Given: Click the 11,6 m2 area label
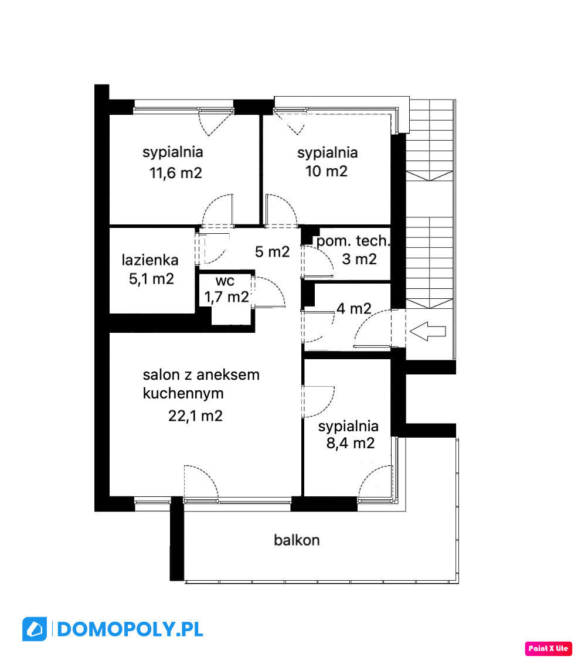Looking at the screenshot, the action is pyautogui.click(x=176, y=173).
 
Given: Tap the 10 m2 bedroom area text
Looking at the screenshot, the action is pyautogui.click(x=327, y=171).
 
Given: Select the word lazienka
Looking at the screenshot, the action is pyautogui.click(x=150, y=260).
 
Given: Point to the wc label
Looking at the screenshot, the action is pyautogui.click(x=225, y=281).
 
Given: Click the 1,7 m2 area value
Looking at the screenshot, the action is pyautogui.click(x=226, y=297).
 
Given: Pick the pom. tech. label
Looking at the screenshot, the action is pyautogui.click(x=353, y=241).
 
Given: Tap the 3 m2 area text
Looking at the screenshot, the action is pyautogui.click(x=359, y=259).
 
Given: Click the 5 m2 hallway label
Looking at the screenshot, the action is pyautogui.click(x=273, y=251).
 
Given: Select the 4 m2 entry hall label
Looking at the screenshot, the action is pyautogui.click(x=353, y=309).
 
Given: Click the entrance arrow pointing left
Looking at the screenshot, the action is pyautogui.click(x=427, y=331).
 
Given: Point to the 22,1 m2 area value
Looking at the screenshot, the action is pyautogui.click(x=195, y=416).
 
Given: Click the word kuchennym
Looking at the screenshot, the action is pyautogui.click(x=183, y=393).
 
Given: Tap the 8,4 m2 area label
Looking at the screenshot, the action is pyautogui.click(x=351, y=444).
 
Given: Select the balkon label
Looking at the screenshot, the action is pyautogui.click(x=297, y=540).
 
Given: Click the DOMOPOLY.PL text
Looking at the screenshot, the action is pyautogui.click(x=130, y=630).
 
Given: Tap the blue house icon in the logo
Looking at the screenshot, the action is pyautogui.click(x=35, y=629).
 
